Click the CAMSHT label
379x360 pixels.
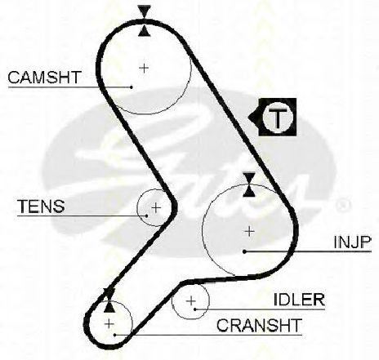tap(45, 78)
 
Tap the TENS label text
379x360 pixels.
tap(41, 207)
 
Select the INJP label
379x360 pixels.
tap(353, 242)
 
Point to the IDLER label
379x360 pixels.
tap(299, 300)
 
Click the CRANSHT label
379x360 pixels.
tap(259, 325)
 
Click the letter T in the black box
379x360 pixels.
tap(278, 118)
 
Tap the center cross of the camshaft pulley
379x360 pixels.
tap(144, 68)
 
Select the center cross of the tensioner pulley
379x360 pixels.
tap(156, 208)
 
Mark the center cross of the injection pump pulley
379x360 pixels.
tap(249, 232)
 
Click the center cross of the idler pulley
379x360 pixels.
tap(191, 301)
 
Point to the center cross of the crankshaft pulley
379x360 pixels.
tap(109, 324)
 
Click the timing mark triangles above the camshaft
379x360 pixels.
tap(144, 21)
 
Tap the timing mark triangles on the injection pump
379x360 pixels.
tap(249, 184)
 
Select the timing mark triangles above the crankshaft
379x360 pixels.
tap(109, 300)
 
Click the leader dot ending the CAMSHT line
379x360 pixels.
tap(132, 87)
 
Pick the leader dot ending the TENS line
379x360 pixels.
tap(147, 216)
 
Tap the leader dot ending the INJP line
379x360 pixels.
tap(244, 251)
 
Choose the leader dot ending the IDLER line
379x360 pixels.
tap(195, 309)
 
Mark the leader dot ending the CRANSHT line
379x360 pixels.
tap(115, 335)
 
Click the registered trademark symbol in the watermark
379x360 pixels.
tap(342, 206)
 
